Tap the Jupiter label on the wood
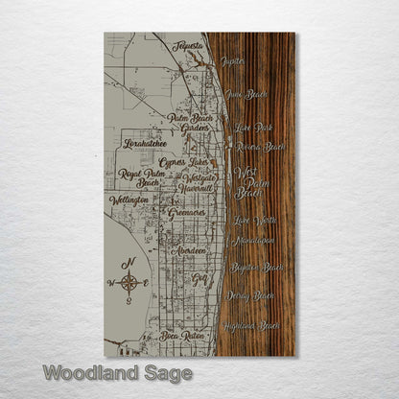(x=232, y=61)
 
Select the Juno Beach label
(x=246, y=94)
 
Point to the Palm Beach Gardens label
(x=188, y=123)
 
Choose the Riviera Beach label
(x=260, y=147)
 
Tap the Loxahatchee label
(x=147, y=144)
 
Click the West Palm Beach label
(x=248, y=179)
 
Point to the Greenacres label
(x=187, y=213)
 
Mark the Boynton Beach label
(x=257, y=267)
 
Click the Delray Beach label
(x=255, y=295)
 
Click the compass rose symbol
(x=129, y=280)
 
